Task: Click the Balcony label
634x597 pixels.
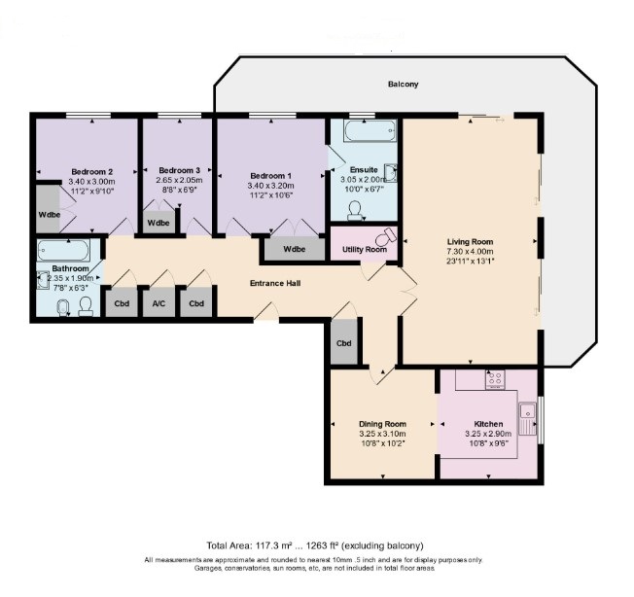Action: [x=403, y=84]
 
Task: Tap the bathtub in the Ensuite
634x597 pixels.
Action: [x=370, y=130]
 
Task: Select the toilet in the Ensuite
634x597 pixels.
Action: [x=355, y=211]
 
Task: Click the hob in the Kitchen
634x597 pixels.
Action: [x=495, y=379]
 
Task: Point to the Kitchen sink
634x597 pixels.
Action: [x=528, y=418]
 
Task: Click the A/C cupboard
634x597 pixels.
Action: [x=158, y=302]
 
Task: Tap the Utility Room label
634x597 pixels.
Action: [x=365, y=249]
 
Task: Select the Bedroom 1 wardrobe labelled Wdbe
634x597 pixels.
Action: [x=295, y=249]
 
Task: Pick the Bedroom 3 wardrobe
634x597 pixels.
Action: [x=158, y=222]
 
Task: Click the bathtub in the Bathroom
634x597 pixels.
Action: [x=63, y=250]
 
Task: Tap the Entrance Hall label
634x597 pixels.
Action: [x=275, y=283]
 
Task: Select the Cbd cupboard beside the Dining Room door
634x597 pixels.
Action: [x=344, y=342]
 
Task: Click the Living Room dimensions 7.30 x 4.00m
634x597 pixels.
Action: [x=471, y=252]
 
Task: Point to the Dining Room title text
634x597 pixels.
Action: [x=382, y=424]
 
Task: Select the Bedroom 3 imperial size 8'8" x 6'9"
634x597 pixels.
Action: [x=180, y=190]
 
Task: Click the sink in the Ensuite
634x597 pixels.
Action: [x=389, y=173]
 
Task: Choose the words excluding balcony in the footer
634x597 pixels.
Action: [x=382, y=545]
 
